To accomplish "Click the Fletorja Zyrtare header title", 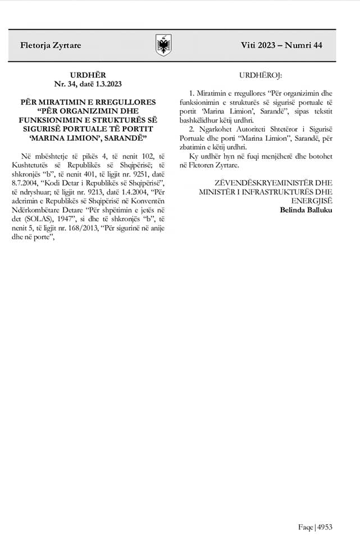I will pyautogui.click(x=43, y=45).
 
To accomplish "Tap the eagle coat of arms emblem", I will pyautogui.click(x=163, y=45).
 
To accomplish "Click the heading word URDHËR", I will pyautogui.click(x=88, y=75).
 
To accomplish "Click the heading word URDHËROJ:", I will pyautogui.click(x=261, y=75).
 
